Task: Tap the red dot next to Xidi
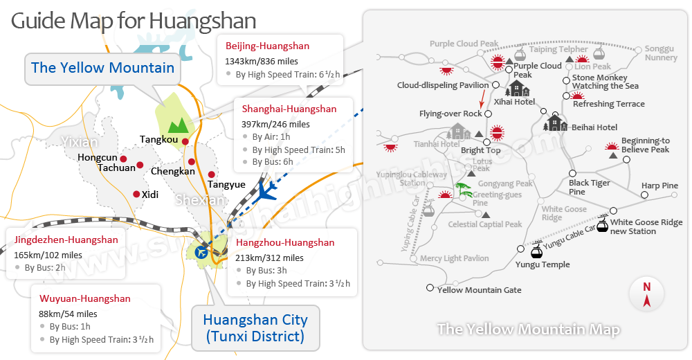[136, 195]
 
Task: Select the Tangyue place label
[226, 185]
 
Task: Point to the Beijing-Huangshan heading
[267, 46]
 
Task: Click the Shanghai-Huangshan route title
[289, 109]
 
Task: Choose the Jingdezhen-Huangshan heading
[66, 240]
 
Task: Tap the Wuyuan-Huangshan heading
[84, 299]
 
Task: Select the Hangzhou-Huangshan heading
[285, 243]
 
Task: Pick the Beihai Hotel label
[594, 127]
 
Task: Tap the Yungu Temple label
[543, 264]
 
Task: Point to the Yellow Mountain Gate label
[480, 290]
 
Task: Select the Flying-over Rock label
[450, 114]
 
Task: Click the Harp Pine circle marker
[644, 195]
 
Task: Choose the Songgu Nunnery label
[661, 53]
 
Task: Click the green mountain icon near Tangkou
[179, 125]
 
